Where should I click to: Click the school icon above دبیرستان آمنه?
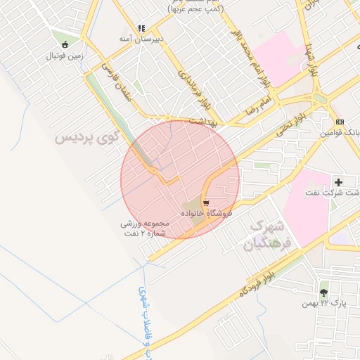point(141,29)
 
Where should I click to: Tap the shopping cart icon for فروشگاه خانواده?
point(205,202)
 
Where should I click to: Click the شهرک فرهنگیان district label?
point(265,235)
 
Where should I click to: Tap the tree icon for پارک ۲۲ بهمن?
point(323,292)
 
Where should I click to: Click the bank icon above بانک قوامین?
point(340,122)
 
